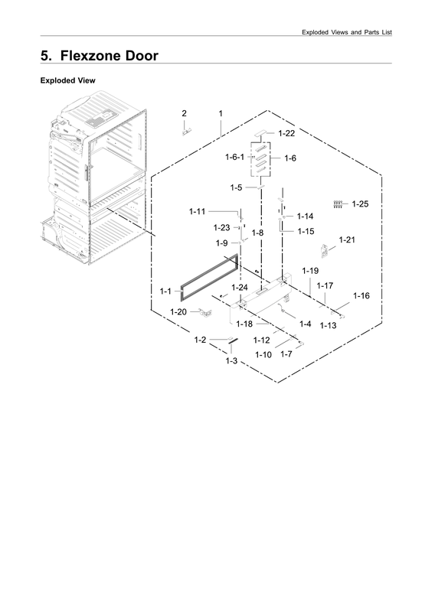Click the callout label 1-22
pyautogui.click(x=286, y=133)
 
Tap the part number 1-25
pyautogui.click(x=360, y=204)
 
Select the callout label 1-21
pyautogui.click(x=347, y=239)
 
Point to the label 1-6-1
pyautogui.click(x=235, y=157)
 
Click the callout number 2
pyautogui.click(x=184, y=113)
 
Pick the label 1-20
pyautogui.click(x=178, y=312)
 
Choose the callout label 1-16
pyautogui.click(x=361, y=296)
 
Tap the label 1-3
pyautogui.click(x=231, y=360)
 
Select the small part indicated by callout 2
pyautogui.click(x=186, y=132)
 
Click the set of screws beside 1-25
pyautogui.click(x=338, y=204)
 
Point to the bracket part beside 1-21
pyautogui.click(x=324, y=251)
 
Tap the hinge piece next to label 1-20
pyautogui.click(x=206, y=313)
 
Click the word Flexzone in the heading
pyautogui.click(x=89, y=56)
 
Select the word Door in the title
pyautogui.click(x=142, y=56)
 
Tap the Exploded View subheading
pyautogui.click(x=67, y=80)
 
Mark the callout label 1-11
pyautogui.click(x=197, y=211)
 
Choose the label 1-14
pyautogui.click(x=305, y=217)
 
